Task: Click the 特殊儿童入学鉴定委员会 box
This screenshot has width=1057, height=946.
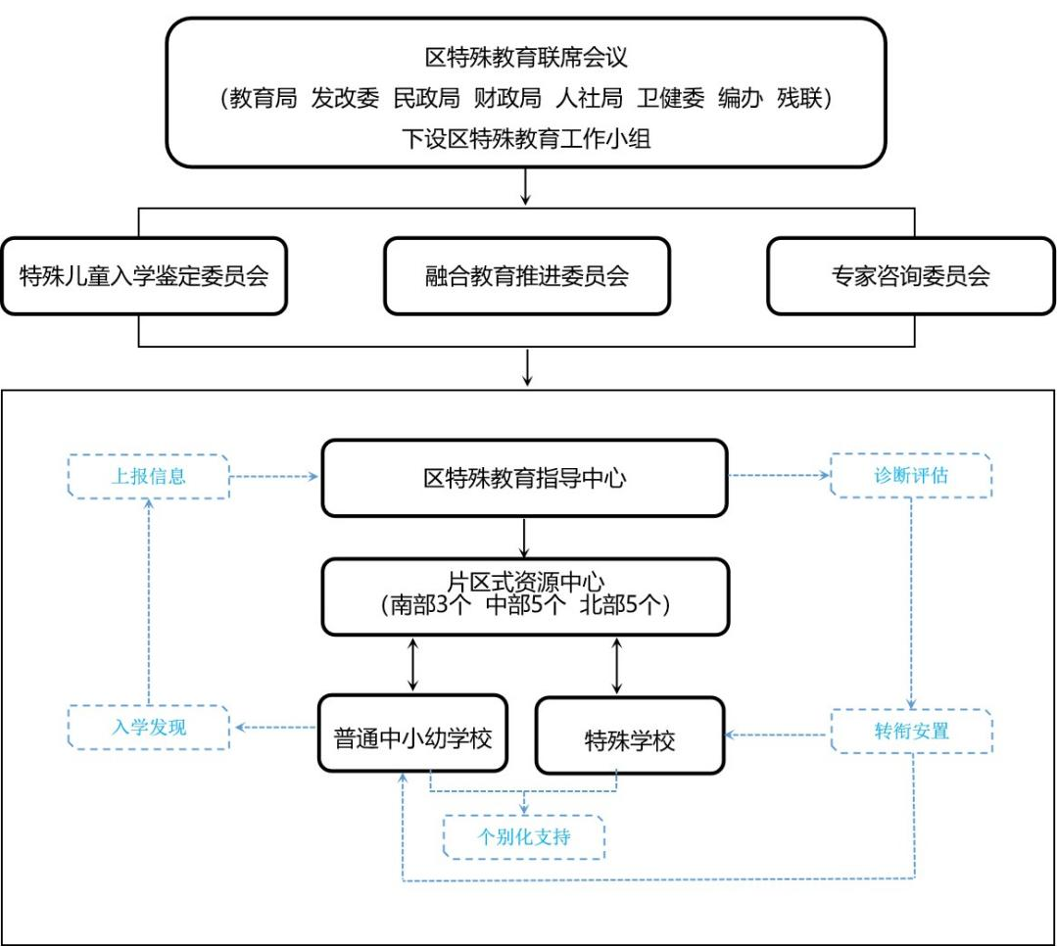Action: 144,275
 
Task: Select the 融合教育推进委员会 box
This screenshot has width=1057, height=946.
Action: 526,275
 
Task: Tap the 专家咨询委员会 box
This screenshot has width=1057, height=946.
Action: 911,275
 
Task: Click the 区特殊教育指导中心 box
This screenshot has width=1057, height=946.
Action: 524,479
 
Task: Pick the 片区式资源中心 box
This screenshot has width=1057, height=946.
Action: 525,597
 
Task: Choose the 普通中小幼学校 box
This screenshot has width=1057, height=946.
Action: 412,733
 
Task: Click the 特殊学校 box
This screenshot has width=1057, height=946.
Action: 630,735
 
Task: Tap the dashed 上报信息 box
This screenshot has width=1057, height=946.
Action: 149,476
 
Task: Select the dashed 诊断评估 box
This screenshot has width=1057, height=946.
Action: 911,475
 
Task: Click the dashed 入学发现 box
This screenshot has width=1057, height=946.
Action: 149,727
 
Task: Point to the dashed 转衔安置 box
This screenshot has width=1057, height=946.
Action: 911,732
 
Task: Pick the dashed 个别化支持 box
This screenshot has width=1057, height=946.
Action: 524,837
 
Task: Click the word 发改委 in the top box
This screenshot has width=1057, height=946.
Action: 345,98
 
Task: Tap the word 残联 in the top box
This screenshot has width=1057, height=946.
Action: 799,98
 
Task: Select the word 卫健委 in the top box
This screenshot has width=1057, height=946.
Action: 671,98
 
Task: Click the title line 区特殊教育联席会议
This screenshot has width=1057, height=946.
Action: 526,57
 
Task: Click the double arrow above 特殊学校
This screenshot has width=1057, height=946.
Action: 616,666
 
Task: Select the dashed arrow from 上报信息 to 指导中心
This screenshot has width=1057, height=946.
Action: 273,476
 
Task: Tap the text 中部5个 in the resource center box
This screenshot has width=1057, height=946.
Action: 526,605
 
